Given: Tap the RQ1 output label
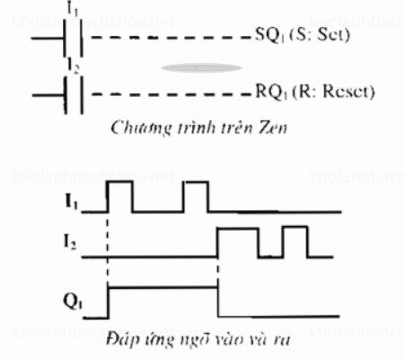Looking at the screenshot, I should pos(267,92).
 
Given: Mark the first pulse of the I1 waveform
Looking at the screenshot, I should pos(119,196).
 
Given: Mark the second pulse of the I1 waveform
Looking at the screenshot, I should pos(195,196).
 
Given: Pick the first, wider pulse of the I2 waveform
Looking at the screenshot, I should pos(238,242).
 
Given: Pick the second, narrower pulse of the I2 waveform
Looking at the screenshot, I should pos(293,242).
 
